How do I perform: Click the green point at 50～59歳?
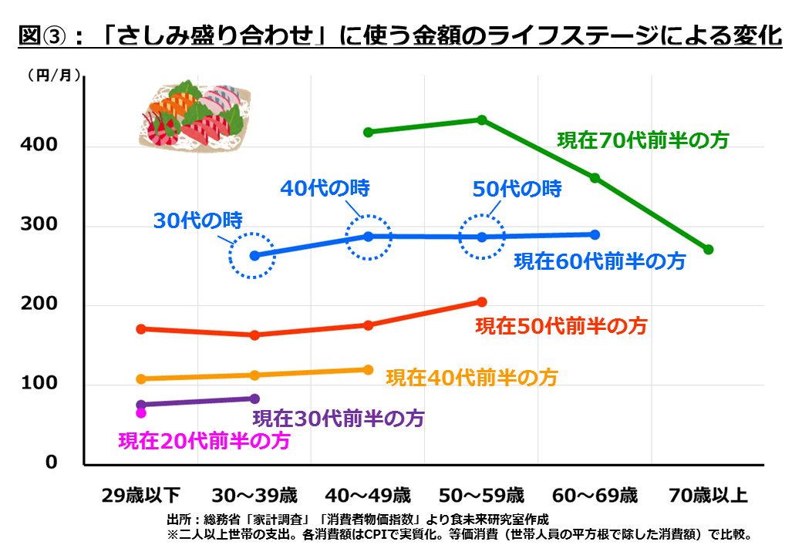tap(482, 120)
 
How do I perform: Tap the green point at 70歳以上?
tap(709, 250)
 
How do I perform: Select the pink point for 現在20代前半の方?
tap(141, 413)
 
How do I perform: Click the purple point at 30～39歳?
tap(255, 399)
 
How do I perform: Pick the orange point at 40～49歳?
tap(368, 370)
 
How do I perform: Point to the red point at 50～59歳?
tap(482, 302)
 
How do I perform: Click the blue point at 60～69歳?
tap(595, 234)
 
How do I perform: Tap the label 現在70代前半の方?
tap(643, 140)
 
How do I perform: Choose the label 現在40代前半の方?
tap(471, 378)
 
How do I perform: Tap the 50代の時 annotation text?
tap(517, 188)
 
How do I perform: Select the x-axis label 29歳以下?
tap(141, 494)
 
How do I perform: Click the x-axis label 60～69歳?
tap(595, 494)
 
